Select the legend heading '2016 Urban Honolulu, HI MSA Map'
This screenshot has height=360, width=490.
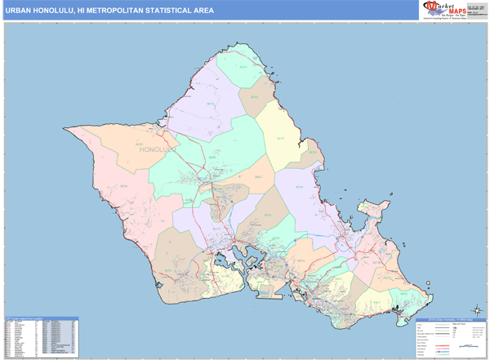pyautogui.click(x=446, y=318)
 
